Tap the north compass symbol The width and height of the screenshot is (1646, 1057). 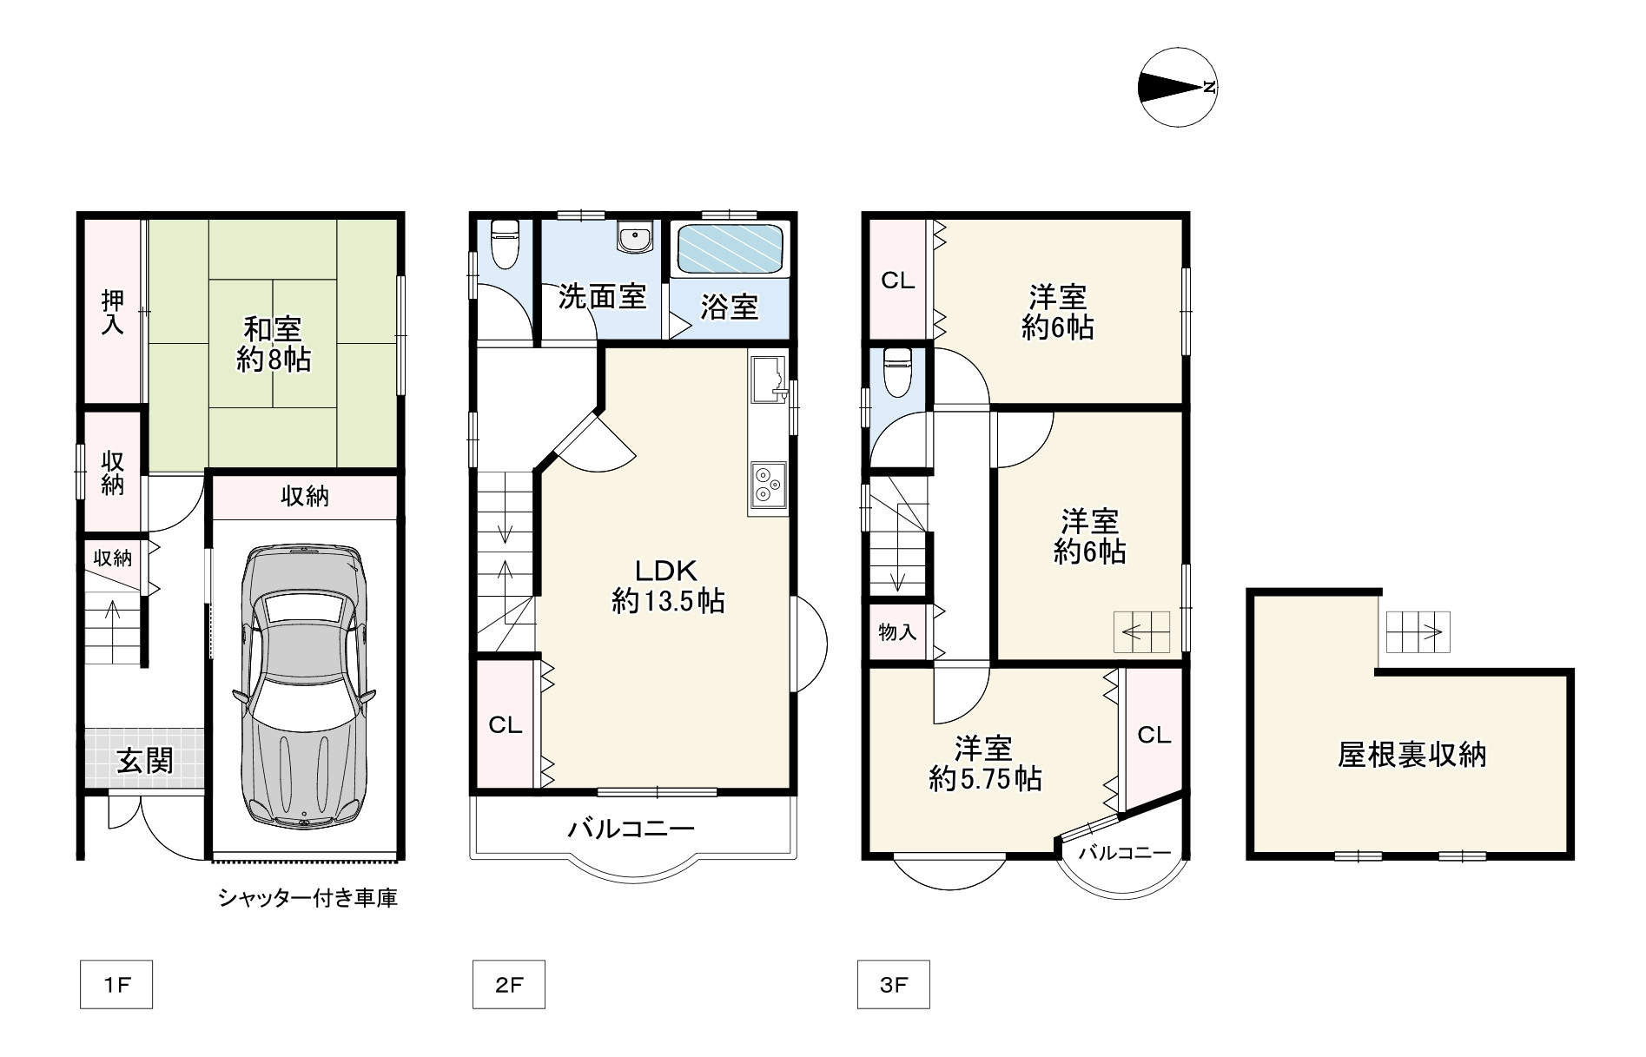(1177, 87)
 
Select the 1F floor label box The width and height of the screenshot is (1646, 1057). (116, 984)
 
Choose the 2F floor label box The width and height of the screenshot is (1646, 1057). (509, 984)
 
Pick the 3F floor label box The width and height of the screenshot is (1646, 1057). (893, 984)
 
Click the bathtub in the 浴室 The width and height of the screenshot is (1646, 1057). (730, 249)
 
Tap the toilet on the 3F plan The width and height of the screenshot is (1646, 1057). (896, 371)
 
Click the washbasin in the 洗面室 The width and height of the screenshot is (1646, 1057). (636, 237)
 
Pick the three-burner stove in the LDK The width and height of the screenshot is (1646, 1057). (768, 485)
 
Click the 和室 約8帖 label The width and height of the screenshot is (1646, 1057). (273, 345)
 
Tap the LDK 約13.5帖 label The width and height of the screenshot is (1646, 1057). (668, 585)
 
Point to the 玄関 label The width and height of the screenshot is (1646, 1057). (146, 761)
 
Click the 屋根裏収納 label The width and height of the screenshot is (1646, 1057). (1411, 755)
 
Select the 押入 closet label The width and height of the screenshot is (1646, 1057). (113, 312)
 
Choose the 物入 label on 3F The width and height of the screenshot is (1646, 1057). (897, 631)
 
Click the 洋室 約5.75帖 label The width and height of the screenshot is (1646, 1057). (985, 763)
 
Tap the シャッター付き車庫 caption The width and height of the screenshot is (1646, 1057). (308, 898)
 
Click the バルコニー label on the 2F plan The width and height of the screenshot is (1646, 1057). (631, 829)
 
